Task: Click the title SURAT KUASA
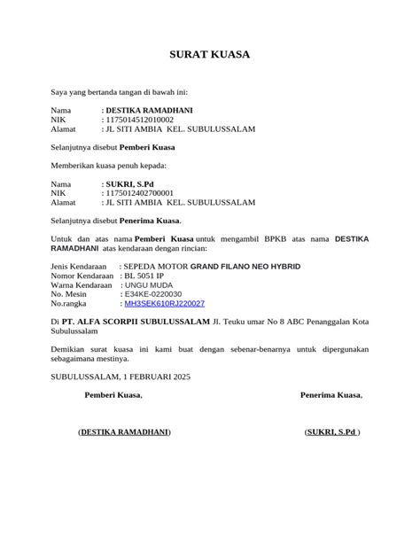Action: (x=210, y=55)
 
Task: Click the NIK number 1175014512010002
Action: (x=139, y=119)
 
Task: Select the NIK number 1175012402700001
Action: (x=139, y=192)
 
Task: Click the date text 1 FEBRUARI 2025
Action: (x=157, y=376)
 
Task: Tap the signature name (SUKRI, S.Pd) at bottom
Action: (x=332, y=432)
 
